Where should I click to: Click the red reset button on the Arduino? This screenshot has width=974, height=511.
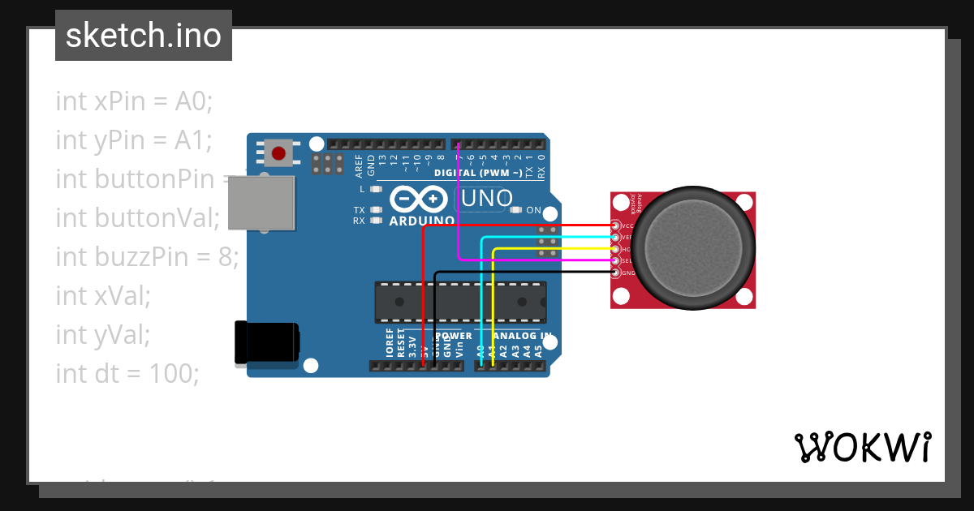coord(279,153)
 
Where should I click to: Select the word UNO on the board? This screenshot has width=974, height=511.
coord(487,198)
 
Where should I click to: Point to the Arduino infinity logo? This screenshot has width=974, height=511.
coord(419,199)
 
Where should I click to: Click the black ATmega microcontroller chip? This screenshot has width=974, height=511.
coord(459,302)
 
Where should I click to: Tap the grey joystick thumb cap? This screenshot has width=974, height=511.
coord(693,250)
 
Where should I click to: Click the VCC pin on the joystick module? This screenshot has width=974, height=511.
coord(616,225)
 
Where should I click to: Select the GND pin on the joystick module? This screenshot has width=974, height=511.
coord(616,273)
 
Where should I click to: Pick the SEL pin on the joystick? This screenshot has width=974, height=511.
coord(616,260)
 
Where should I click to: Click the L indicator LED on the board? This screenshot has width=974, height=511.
coord(375,189)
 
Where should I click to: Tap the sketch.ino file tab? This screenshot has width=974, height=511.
coord(144,36)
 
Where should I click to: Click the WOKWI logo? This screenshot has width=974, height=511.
coord(862,447)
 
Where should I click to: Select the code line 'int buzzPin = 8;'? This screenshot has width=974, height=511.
coord(147,257)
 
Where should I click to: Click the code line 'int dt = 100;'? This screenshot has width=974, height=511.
coord(127,374)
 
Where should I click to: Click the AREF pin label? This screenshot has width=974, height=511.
coord(360,165)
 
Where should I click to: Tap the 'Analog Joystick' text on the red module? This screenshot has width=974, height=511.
coord(636,203)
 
